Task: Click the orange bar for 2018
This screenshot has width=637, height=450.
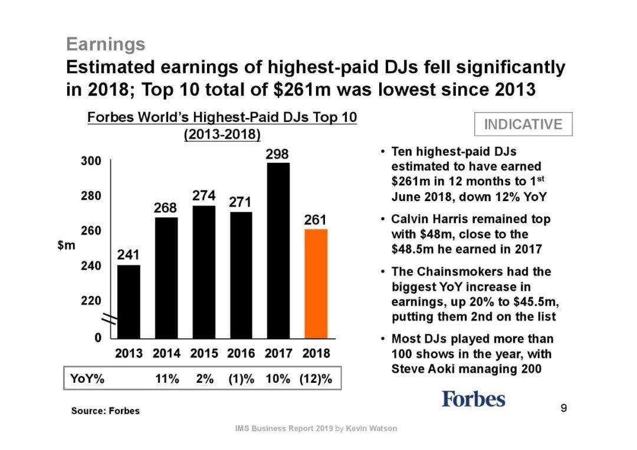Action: coord(316,283)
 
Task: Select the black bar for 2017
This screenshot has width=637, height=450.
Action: coord(278,250)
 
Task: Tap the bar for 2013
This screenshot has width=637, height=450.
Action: coord(129,301)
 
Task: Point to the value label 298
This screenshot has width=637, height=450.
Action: coord(278,155)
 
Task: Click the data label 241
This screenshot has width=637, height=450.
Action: coord(129,256)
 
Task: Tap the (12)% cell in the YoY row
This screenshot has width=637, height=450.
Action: coord(316,379)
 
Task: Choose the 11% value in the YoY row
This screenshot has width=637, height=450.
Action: coord(167,379)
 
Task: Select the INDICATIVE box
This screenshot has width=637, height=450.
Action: coord(523,124)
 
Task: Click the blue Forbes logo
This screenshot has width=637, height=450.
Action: coord(474,399)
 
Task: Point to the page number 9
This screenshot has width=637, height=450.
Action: coord(564,408)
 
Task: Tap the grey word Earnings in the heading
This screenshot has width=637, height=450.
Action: coord(106,44)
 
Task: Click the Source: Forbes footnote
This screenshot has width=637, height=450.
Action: coord(106,410)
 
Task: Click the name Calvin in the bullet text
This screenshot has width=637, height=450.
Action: coord(411,219)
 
